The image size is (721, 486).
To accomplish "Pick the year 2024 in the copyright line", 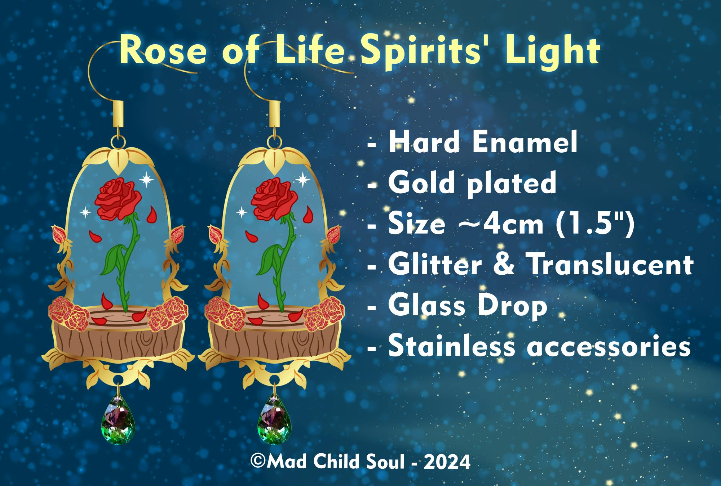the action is (447, 462).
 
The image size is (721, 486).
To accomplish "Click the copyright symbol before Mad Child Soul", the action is (258, 462).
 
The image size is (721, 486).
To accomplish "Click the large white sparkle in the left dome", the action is (147, 179).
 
